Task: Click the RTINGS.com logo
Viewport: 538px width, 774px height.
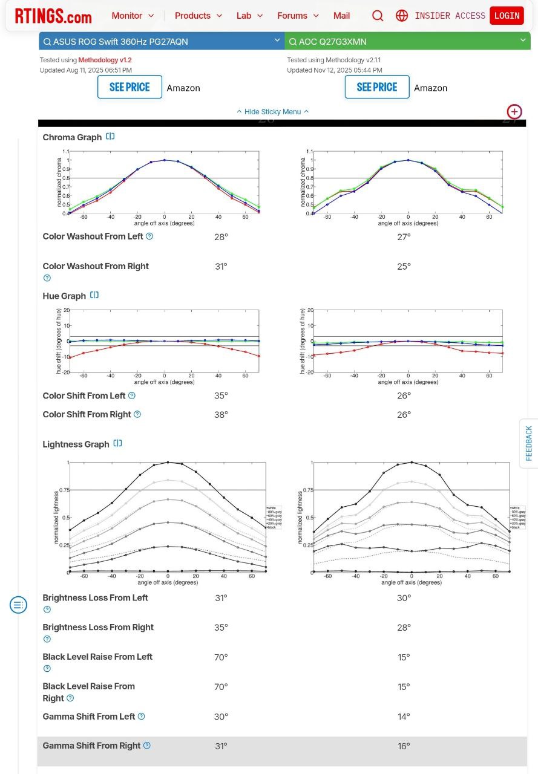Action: pos(53,16)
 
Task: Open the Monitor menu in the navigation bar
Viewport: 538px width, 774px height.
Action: pos(133,16)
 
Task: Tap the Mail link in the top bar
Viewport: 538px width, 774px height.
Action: pos(341,16)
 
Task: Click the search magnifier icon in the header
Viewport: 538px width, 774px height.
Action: pos(378,16)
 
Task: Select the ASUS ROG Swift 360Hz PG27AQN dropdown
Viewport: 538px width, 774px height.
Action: pos(162,41)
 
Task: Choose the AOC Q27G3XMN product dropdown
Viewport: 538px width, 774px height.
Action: pos(407,41)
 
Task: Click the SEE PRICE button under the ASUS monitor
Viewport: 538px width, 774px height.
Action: pos(130,87)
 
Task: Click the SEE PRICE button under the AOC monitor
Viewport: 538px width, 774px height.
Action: pos(376,87)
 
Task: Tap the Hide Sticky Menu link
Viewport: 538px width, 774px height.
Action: pos(272,111)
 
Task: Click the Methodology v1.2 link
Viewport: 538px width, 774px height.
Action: pos(104,60)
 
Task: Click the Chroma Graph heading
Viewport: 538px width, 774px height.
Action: pos(72,137)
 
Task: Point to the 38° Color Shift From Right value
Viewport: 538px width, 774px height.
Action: pos(221,415)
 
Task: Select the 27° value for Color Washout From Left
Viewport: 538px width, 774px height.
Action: pos(404,236)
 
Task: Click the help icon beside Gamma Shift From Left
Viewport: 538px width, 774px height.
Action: pos(142,717)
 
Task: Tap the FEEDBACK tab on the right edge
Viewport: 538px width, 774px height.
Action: pos(529,443)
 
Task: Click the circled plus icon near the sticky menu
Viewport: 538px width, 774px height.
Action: pos(514,111)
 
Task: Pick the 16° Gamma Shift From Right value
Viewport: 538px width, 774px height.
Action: pos(404,746)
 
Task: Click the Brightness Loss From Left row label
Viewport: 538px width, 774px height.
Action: pos(95,598)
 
